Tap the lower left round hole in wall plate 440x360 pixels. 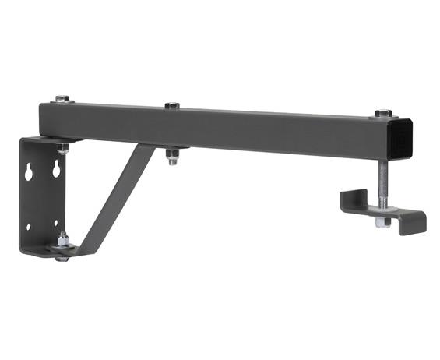click(28, 227)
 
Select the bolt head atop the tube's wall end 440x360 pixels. click(62, 98)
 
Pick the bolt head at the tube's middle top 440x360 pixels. click(172, 105)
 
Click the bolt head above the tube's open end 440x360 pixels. click(382, 114)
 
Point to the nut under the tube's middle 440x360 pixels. click(173, 159)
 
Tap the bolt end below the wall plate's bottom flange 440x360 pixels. click(62, 257)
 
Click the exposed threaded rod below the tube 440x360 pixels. click(382, 179)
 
